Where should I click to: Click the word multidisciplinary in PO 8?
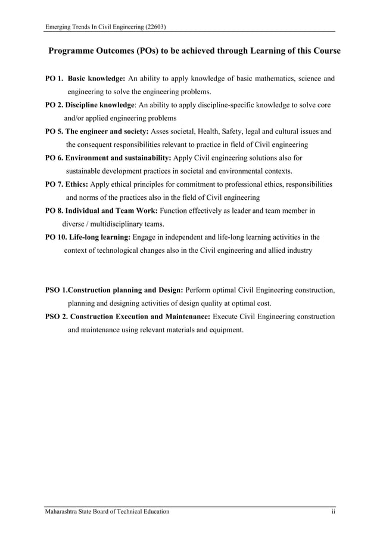(117, 224)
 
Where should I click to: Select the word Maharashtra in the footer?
(64, 512)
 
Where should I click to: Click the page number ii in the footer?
(334, 512)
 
